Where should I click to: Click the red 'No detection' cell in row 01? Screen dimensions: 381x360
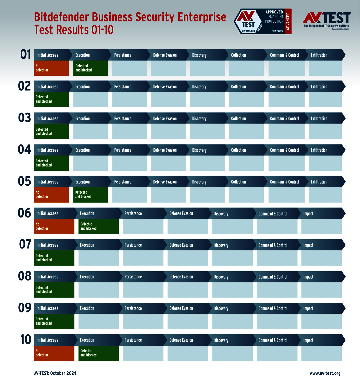click(x=51, y=68)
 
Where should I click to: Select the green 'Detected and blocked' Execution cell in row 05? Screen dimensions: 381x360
click(x=90, y=195)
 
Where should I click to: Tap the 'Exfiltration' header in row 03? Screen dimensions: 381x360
click(x=319, y=119)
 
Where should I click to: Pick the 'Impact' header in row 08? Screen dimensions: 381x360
click(x=308, y=277)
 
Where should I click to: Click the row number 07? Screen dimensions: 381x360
click(x=25, y=245)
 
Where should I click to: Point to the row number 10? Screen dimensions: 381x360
click(x=26, y=340)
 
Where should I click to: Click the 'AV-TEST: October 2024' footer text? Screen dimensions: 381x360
click(x=55, y=373)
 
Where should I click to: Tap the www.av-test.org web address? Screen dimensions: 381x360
click(x=325, y=373)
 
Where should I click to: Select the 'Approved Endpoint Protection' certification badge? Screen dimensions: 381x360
click(x=263, y=21)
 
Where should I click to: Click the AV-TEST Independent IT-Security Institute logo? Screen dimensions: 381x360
click(x=326, y=21)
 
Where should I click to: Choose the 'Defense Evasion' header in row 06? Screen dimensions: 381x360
click(x=181, y=214)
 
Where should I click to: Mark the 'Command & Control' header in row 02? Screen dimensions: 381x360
click(x=284, y=87)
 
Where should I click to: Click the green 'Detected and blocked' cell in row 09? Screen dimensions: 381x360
click(x=54, y=321)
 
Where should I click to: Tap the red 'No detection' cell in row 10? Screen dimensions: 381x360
click(x=54, y=353)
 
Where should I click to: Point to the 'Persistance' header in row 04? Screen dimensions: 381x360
click(x=123, y=150)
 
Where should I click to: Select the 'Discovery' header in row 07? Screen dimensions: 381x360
click(x=221, y=245)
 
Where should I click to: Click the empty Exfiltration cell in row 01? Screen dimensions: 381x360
click(x=325, y=68)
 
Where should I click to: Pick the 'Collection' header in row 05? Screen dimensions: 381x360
click(x=239, y=182)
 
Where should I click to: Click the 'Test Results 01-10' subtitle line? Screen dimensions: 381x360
click(x=74, y=30)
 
